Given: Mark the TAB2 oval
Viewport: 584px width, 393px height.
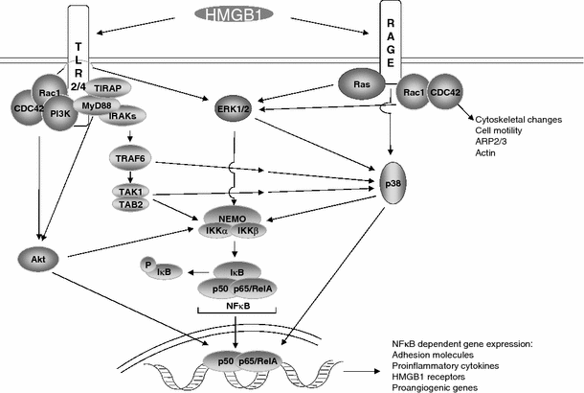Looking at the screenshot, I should point(129,204).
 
